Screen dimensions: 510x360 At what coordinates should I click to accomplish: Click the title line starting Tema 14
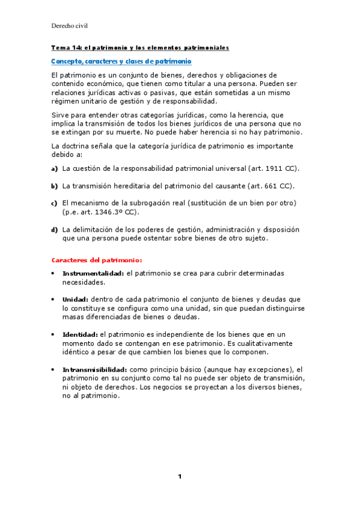[x=139, y=47]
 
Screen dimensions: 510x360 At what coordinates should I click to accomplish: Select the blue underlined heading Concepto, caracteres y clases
[x=121, y=61]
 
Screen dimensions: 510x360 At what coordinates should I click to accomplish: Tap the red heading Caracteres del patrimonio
[x=97, y=260]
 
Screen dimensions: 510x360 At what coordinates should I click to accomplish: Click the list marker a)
[x=54, y=168]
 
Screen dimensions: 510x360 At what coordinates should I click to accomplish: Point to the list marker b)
[x=54, y=186]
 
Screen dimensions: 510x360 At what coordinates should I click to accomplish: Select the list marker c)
[x=54, y=203]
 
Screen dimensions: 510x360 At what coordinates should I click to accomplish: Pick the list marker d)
[x=54, y=230]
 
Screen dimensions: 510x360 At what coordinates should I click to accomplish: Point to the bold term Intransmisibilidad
[x=94, y=369]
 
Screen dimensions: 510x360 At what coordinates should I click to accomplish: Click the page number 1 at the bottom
[x=179, y=477]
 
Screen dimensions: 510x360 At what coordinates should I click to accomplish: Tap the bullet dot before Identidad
[x=54, y=334]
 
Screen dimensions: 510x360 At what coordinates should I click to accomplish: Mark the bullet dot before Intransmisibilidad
[x=54, y=369]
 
